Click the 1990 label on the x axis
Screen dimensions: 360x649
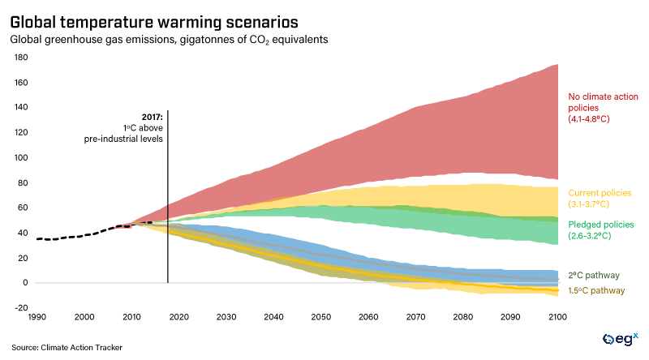click(x=37, y=317)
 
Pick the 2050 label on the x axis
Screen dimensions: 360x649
click(x=320, y=317)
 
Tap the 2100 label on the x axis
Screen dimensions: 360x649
click(x=557, y=317)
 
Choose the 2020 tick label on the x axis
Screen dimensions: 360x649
click(x=178, y=317)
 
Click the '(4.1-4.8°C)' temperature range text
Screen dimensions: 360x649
click(x=589, y=118)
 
